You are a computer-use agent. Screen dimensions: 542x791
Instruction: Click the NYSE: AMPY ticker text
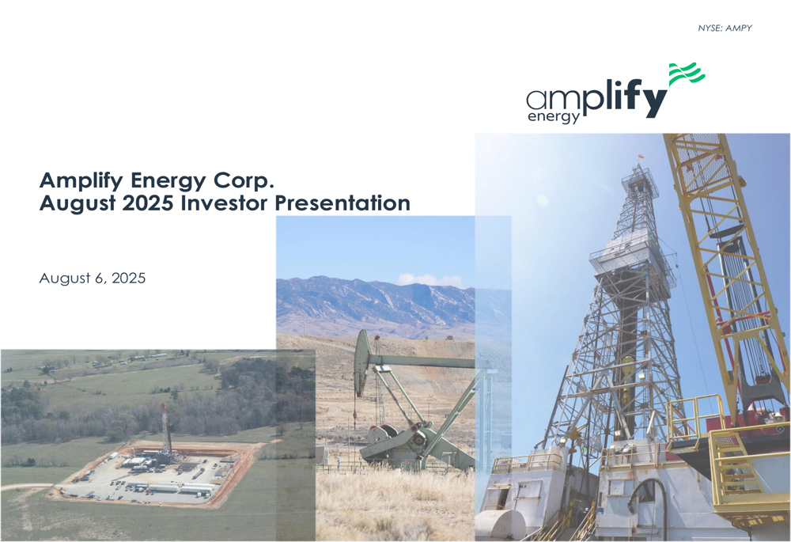click(x=725, y=28)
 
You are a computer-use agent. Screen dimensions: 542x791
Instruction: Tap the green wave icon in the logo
click(x=686, y=74)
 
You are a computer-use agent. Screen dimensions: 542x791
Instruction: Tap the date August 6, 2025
click(x=93, y=279)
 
